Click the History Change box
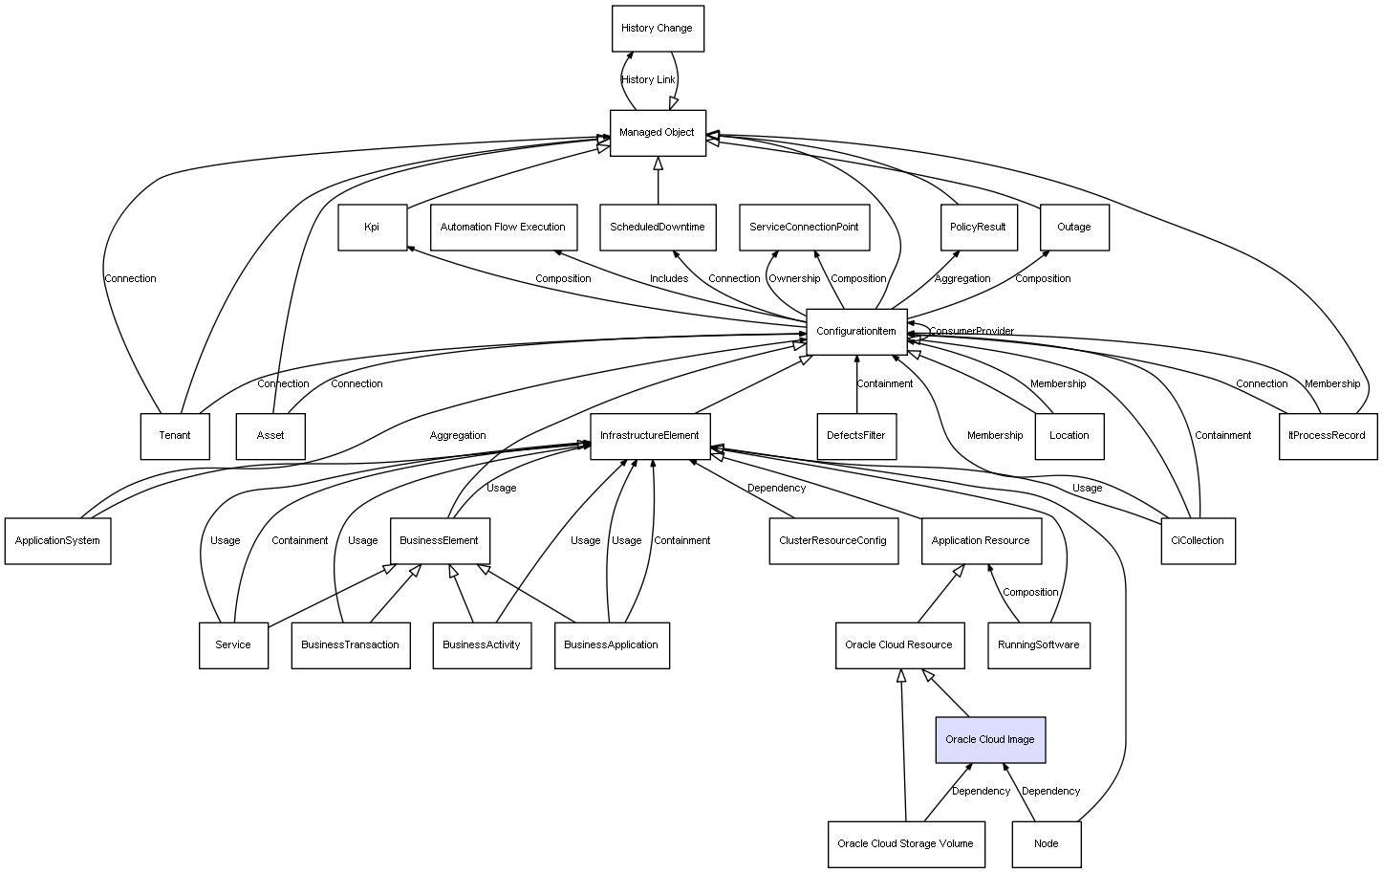[x=658, y=29]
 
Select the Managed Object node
[x=658, y=133]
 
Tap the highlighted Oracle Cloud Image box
[x=990, y=740]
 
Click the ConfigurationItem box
[x=856, y=332]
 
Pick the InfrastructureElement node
[x=650, y=436]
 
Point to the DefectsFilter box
[x=856, y=436]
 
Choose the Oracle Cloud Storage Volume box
[x=905, y=844]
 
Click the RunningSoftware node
[x=1039, y=645]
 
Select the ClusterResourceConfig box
[x=833, y=541]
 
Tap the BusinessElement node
[x=440, y=541]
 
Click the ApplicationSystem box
[x=57, y=541]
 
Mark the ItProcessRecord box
[x=1328, y=436]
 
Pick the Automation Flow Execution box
[x=503, y=228]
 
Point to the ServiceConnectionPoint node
[x=804, y=228]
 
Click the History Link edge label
[x=648, y=80]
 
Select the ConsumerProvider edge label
[x=972, y=332]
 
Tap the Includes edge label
[x=669, y=279]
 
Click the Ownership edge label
[x=794, y=279]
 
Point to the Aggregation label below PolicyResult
[x=962, y=279]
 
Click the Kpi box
[x=372, y=228]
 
